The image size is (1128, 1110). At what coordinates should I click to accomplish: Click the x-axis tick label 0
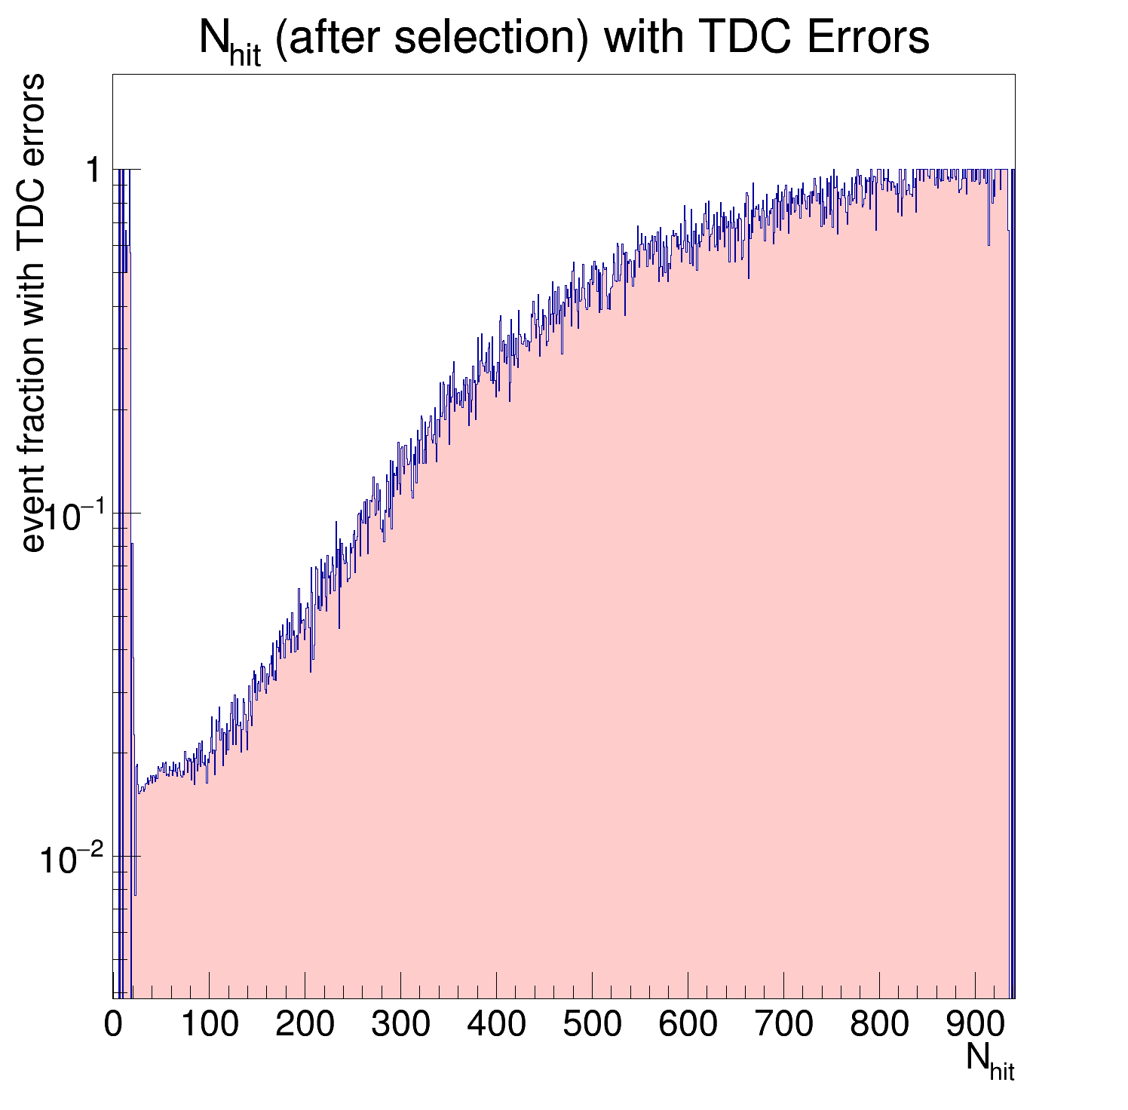tap(113, 1024)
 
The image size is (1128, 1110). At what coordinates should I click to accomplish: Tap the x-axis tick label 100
tap(209, 1024)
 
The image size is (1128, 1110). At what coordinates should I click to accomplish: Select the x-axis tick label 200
tap(305, 1024)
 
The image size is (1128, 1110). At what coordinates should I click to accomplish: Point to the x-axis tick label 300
tap(400, 1024)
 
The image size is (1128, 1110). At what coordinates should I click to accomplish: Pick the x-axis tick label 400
tap(496, 1024)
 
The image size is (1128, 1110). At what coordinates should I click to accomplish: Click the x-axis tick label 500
tap(592, 1024)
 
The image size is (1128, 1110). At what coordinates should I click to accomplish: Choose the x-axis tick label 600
tap(688, 1024)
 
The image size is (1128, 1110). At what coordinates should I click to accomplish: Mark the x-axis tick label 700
tap(783, 1024)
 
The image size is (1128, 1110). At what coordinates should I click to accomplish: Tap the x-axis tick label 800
tap(879, 1024)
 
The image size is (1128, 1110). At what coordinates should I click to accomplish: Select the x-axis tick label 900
tap(975, 1024)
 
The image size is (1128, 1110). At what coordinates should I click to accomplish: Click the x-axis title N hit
tap(989, 1059)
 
